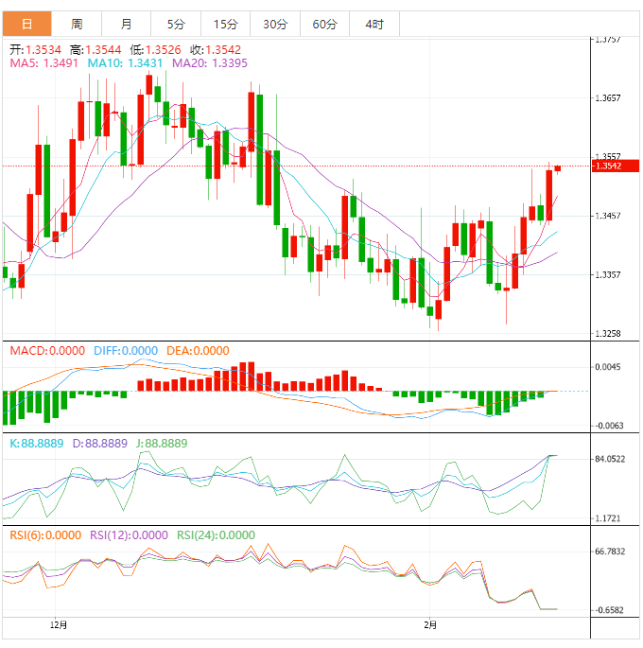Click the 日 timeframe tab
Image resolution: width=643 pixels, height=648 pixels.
coord(26,23)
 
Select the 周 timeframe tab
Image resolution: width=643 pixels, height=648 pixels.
coord(77,23)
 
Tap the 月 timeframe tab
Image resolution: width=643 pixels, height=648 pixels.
coord(127,23)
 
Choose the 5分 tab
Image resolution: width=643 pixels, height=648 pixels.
coord(176,23)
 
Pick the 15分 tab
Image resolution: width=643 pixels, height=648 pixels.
coord(225,23)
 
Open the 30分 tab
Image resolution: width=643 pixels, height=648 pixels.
coord(275,23)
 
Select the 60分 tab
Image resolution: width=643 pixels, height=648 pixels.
coord(324,23)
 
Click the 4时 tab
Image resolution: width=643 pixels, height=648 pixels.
coord(374,23)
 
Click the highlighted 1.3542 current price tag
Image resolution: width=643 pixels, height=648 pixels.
coord(607,166)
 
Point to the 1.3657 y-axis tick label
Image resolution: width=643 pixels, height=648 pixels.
coord(607,98)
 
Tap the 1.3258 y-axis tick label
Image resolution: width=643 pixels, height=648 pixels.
coord(607,334)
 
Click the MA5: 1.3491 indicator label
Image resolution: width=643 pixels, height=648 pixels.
coord(44,63)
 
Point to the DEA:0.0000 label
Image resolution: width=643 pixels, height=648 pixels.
coord(198,351)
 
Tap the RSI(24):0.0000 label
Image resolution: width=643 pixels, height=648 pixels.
coord(217,534)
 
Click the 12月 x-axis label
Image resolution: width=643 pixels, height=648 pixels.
coord(59,624)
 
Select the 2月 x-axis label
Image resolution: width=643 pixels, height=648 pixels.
coord(431,624)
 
